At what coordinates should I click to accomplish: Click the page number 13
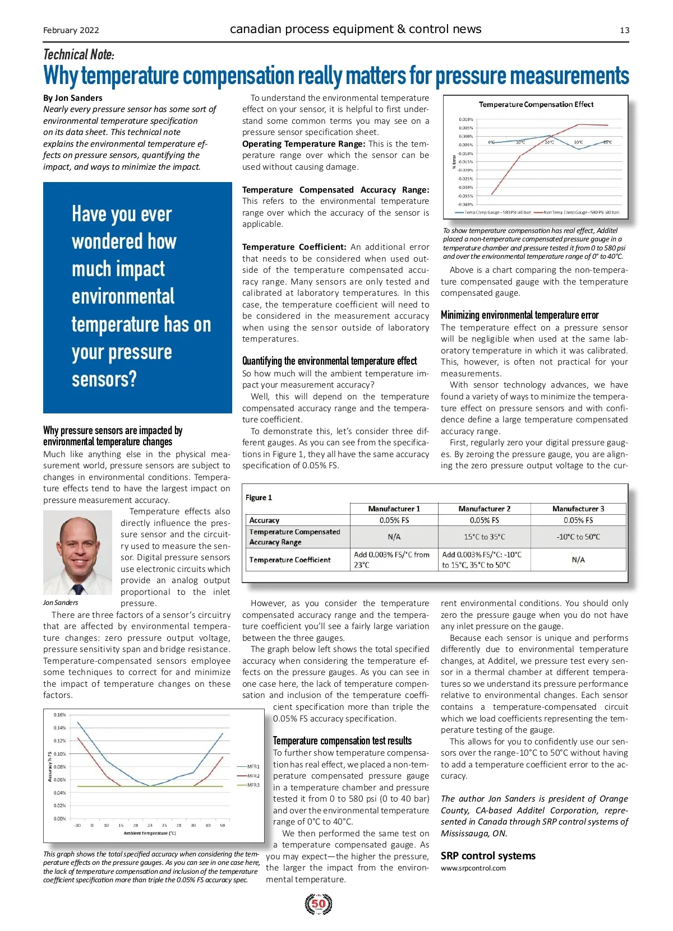624,30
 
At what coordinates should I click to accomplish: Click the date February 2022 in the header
71,30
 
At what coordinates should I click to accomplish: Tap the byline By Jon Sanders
73,98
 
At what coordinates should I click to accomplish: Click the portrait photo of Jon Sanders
77,552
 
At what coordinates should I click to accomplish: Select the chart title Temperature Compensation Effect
536,105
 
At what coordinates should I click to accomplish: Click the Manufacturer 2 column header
484,509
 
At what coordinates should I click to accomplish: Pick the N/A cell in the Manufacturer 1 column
394,537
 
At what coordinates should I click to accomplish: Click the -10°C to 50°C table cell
578,537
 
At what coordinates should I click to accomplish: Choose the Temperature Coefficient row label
290,560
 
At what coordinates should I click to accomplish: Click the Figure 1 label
259,497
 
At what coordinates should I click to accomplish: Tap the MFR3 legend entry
253,785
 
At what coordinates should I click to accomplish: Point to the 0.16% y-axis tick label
59,715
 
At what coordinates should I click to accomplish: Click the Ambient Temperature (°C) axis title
150,833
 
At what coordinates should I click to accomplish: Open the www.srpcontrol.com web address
473,868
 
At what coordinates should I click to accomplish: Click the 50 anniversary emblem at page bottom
319,904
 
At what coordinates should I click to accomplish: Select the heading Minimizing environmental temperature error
519,315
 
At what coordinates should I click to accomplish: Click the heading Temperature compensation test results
342,741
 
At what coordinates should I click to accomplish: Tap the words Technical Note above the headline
79,54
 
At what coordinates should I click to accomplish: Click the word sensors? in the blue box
104,379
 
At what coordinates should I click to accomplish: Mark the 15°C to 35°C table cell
484,537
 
